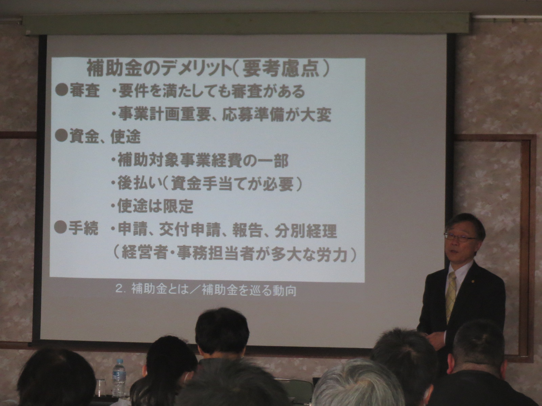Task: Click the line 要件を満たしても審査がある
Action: click(211, 92)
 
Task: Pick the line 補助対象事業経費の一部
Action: click(203, 161)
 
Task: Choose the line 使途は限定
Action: click(155, 207)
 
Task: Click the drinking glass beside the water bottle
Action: click(101, 391)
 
